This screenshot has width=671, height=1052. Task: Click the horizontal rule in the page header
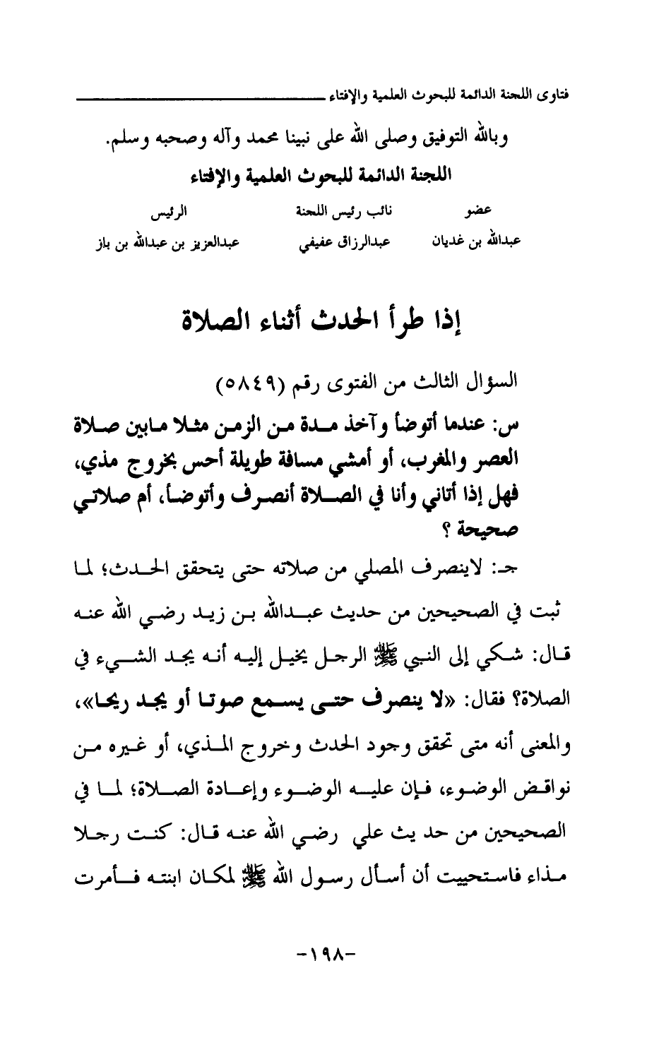point(205,95)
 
